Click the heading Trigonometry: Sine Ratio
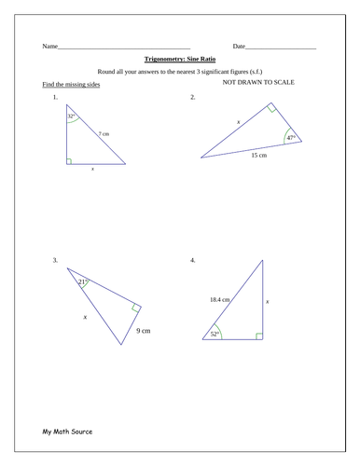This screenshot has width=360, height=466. [x=180, y=57]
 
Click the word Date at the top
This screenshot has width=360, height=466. [x=239, y=46]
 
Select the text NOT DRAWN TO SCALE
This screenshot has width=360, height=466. [x=258, y=83]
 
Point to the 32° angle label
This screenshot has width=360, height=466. [x=71, y=118]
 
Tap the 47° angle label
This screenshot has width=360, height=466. [x=292, y=138]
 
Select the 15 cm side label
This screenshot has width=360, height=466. [x=258, y=156]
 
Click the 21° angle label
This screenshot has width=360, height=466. [x=82, y=281]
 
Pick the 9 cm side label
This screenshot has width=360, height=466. [x=144, y=330]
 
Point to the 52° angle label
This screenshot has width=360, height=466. [x=215, y=333]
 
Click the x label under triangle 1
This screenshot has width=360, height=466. [x=92, y=170]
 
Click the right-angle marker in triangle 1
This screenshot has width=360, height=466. [x=69, y=160]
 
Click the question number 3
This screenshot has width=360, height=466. [x=56, y=260]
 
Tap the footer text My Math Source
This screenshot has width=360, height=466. [x=67, y=432]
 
